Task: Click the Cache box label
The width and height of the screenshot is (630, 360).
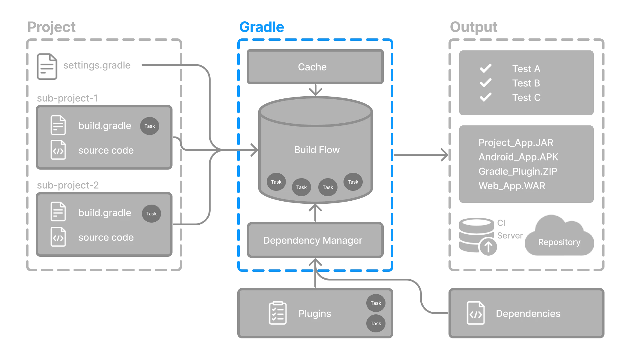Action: (x=312, y=67)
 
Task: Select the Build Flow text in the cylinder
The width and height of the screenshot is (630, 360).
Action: (x=317, y=150)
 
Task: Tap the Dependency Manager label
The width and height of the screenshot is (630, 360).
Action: (x=313, y=240)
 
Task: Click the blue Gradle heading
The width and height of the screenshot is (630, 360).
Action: (x=262, y=27)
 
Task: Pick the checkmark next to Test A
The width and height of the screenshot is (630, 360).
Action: (x=485, y=68)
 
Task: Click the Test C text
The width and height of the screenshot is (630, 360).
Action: (x=526, y=97)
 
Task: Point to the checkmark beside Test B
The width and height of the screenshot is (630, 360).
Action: (x=485, y=83)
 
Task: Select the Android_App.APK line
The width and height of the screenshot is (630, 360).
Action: (x=518, y=157)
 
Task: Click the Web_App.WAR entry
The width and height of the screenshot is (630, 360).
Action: (x=512, y=186)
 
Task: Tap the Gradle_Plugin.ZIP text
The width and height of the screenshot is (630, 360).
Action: (x=517, y=171)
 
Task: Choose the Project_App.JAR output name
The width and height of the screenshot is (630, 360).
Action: (x=516, y=142)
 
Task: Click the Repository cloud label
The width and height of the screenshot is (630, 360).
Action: (x=559, y=242)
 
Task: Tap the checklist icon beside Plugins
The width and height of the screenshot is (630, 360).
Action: (x=277, y=313)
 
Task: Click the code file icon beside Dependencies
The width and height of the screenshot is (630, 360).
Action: (x=476, y=313)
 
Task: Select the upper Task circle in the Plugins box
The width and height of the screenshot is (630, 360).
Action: (x=376, y=303)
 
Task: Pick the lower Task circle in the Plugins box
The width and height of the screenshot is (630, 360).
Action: (x=376, y=323)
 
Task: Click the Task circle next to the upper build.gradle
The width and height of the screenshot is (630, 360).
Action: (x=149, y=126)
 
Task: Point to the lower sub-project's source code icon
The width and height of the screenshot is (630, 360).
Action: (x=58, y=237)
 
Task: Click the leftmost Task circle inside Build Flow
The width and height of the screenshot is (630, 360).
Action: (x=276, y=182)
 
